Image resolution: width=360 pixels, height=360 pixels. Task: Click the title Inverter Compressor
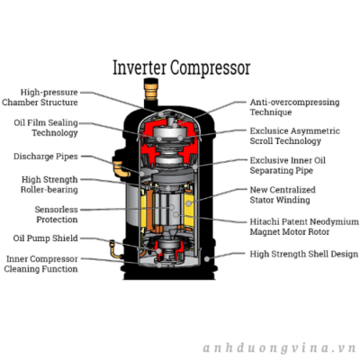[x=181, y=68]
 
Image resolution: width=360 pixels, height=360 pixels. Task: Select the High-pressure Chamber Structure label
[x=40, y=97]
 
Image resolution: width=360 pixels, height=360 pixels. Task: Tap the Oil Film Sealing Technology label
[x=46, y=128]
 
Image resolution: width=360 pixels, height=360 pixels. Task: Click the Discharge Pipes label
[x=46, y=157]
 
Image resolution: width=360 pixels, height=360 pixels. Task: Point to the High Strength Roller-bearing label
[x=49, y=184]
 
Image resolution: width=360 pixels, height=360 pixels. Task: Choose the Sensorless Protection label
[x=57, y=214]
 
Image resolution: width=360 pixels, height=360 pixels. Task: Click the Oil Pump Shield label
[x=46, y=238]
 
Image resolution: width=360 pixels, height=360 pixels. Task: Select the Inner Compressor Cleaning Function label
[x=41, y=264]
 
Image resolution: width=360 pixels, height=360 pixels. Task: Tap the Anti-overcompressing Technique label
[x=294, y=107]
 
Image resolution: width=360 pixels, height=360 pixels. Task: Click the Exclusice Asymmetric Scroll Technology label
[x=294, y=136]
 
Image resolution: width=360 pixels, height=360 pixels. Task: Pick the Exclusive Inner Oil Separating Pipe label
[x=287, y=166]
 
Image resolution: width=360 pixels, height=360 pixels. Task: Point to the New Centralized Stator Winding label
[x=283, y=194]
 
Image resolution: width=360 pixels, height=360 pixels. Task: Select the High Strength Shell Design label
[x=304, y=254]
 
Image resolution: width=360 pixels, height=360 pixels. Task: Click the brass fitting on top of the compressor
[x=151, y=89]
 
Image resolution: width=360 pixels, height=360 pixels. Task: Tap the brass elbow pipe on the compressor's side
[x=121, y=169]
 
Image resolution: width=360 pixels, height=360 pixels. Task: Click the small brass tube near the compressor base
[x=114, y=249]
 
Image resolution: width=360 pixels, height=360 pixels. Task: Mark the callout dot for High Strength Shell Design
[x=207, y=258]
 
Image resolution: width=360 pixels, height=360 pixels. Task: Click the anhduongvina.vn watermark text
[x=279, y=348]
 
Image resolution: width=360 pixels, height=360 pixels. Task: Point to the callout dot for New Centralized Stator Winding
[x=188, y=203]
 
